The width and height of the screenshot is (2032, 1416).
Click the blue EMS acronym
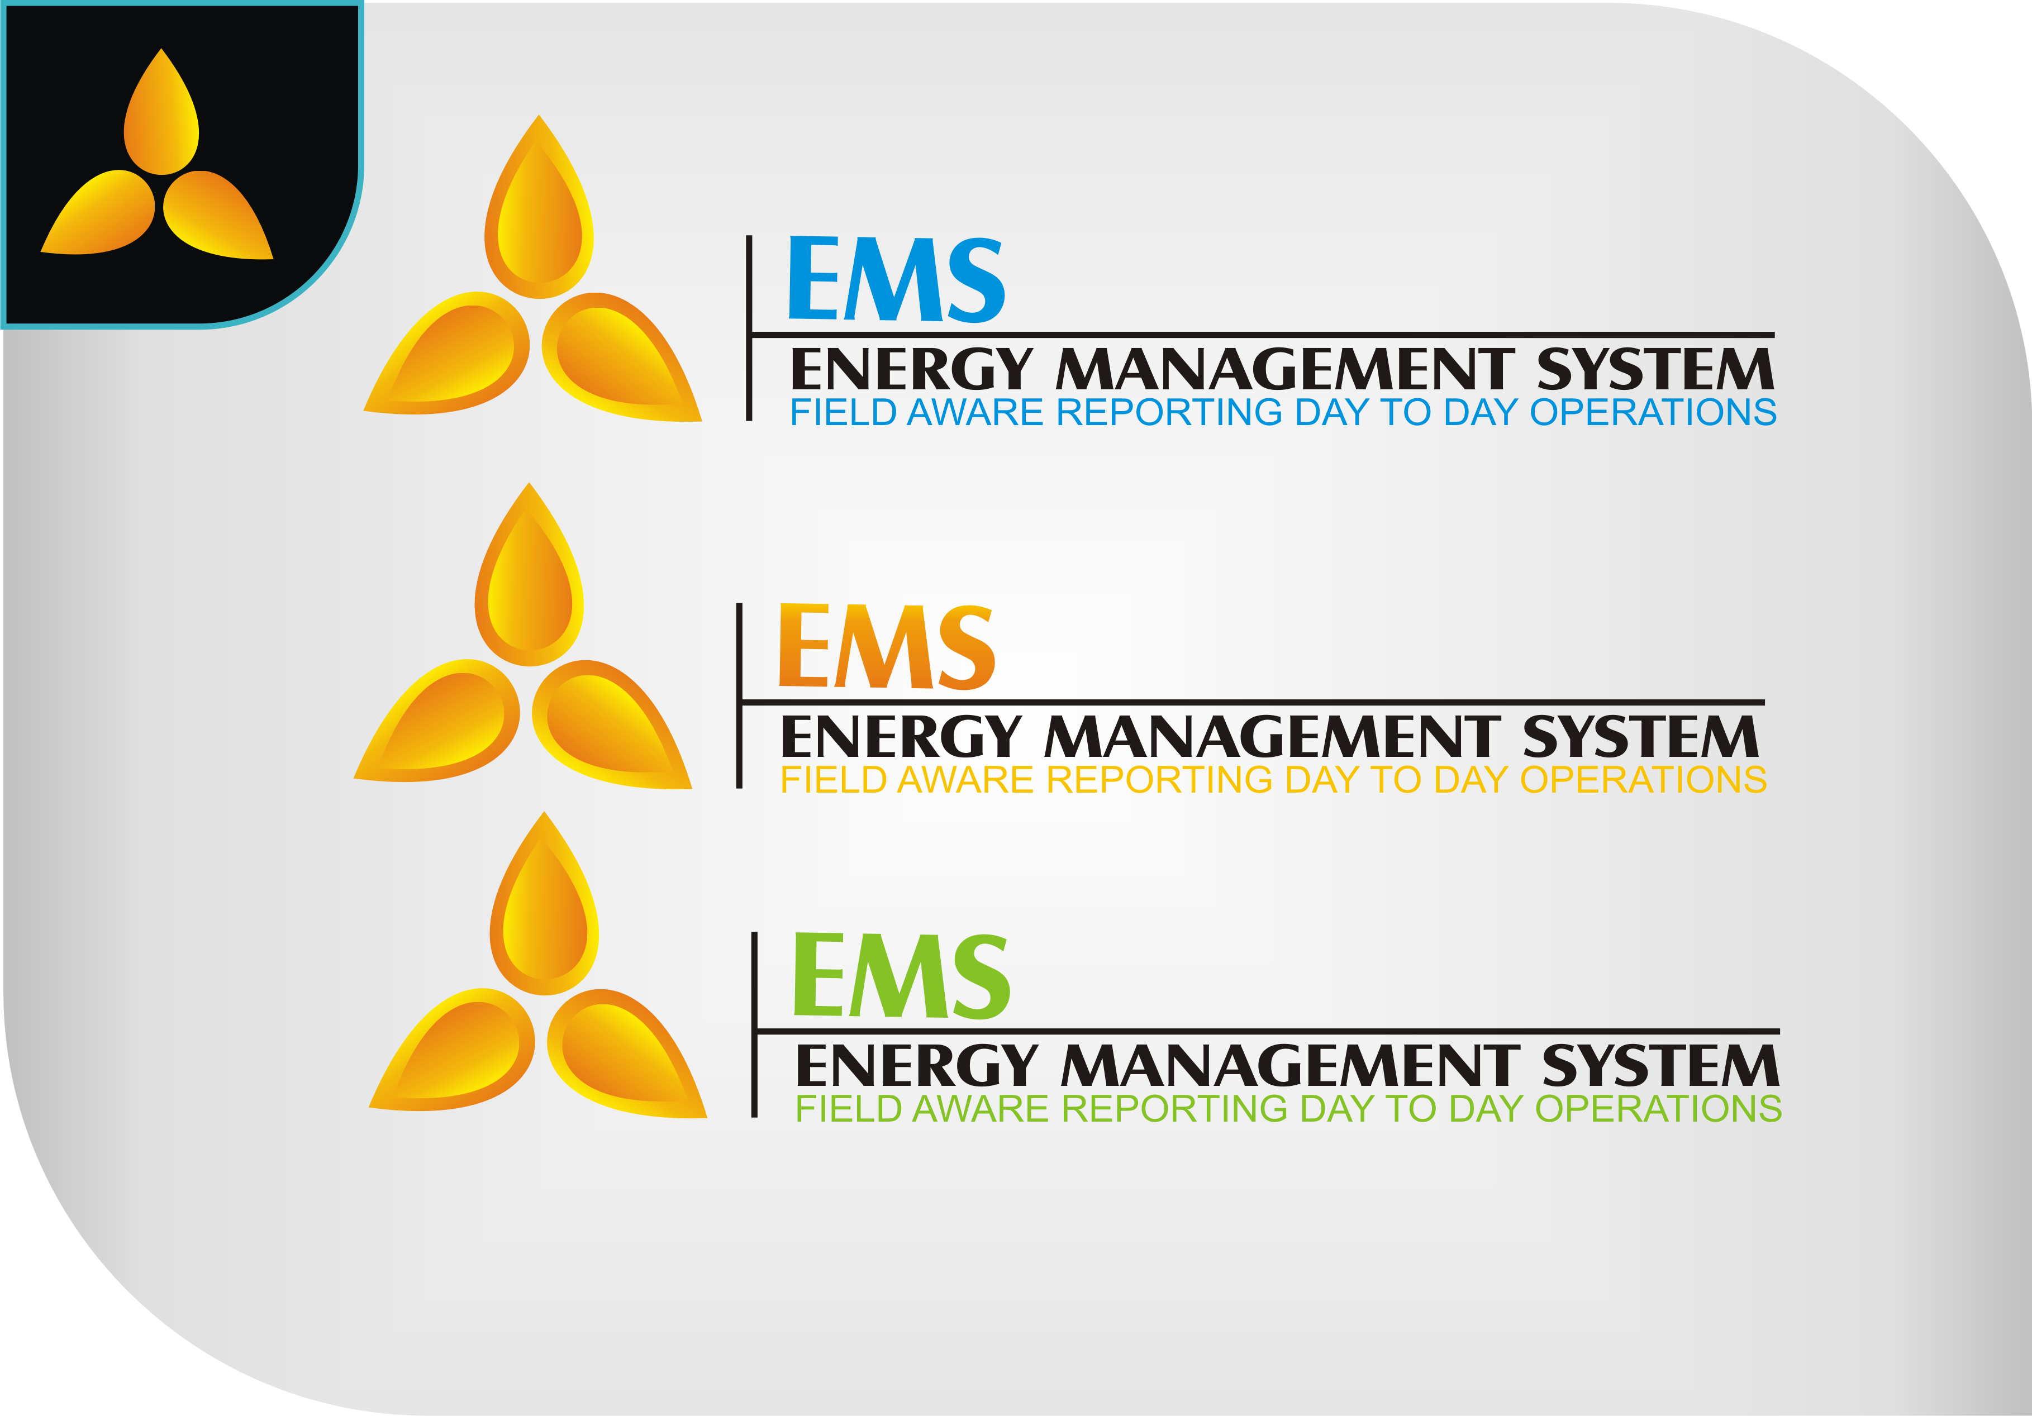pos(896,280)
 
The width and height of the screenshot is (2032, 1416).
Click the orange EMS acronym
pos(886,647)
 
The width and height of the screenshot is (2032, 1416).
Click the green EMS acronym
pos(901,976)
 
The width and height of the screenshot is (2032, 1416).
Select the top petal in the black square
pos(161,120)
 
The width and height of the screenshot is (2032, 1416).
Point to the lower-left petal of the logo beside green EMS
pos(458,1052)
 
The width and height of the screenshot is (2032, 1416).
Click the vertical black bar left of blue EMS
pos(749,327)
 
